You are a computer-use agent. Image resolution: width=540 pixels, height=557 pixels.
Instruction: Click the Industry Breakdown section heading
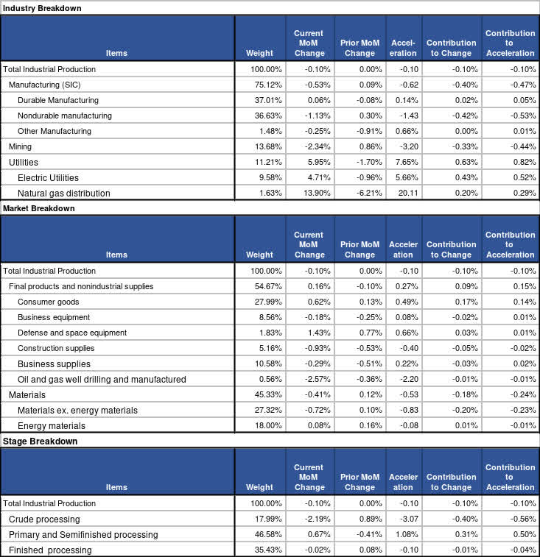[42, 8]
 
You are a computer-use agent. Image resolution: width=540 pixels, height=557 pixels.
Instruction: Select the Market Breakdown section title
[39, 208]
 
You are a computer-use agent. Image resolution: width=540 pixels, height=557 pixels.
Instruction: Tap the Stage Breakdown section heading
[38, 441]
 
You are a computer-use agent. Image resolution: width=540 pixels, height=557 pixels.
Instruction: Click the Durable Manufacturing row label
[57, 100]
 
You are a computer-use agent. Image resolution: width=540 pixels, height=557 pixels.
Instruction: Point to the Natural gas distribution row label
[64, 194]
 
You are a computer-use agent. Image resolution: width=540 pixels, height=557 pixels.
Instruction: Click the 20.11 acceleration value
[406, 194]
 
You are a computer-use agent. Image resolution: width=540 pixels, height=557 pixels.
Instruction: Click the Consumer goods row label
[48, 302]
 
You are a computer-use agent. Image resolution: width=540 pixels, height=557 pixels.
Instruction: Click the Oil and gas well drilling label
[102, 380]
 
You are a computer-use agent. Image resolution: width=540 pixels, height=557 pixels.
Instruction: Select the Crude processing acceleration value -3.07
[406, 519]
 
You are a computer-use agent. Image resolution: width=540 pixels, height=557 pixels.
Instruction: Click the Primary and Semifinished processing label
[83, 535]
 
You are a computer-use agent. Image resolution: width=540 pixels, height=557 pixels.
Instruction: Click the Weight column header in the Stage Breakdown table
[259, 487]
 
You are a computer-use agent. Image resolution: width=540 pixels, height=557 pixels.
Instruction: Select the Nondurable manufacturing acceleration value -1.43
[406, 116]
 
